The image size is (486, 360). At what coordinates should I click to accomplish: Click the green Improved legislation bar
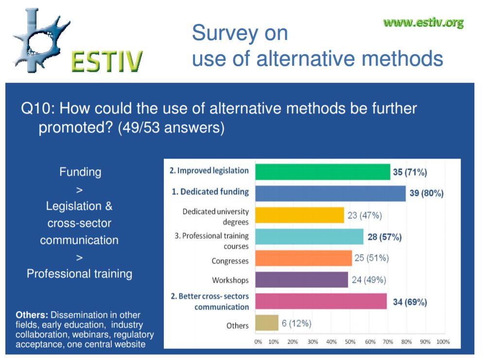click(323, 172)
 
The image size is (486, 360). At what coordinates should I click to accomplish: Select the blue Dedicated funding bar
click(330, 193)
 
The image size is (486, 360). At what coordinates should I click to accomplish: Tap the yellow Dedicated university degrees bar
click(300, 215)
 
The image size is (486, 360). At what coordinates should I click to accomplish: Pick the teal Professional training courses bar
click(309, 237)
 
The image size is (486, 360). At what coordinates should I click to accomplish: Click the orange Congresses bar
click(304, 258)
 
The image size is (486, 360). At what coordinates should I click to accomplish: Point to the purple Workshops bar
click(302, 280)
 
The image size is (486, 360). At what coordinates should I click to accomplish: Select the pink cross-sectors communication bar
click(321, 301)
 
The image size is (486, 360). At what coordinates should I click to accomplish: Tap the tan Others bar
click(267, 323)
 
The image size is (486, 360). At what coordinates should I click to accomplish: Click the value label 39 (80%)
click(427, 193)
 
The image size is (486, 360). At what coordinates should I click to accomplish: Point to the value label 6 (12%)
click(296, 324)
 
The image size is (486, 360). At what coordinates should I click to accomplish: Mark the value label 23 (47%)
click(364, 216)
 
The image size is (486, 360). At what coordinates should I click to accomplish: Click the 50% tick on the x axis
click(350, 342)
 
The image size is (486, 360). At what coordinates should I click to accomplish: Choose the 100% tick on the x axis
click(443, 342)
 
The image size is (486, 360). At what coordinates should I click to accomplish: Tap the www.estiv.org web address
click(423, 23)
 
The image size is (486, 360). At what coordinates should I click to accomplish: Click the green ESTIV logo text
click(107, 61)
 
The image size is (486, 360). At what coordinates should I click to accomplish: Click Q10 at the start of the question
click(37, 108)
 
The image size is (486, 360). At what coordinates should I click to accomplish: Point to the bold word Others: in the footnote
click(32, 315)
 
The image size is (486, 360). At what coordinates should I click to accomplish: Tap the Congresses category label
click(230, 261)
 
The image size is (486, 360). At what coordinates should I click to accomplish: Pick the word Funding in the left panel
click(80, 172)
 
